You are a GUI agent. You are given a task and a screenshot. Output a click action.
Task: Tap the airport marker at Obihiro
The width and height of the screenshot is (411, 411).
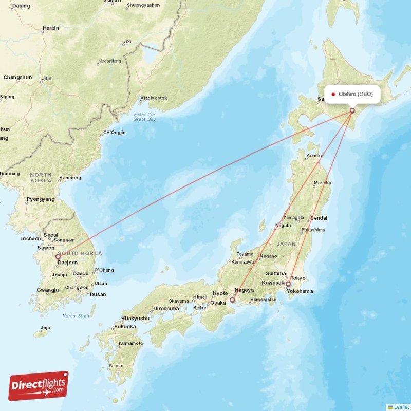point(352,110)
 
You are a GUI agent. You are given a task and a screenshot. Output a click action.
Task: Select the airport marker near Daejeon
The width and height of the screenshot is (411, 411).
point(58,257)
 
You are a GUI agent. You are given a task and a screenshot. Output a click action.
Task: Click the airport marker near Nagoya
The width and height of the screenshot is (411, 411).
point(232,300)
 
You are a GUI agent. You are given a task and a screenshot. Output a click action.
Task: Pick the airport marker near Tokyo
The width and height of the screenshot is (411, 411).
point(288,284)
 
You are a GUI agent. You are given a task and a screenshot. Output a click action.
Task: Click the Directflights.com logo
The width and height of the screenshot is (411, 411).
point(39,386)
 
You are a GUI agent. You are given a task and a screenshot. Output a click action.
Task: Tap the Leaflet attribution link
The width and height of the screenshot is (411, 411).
point(401,407)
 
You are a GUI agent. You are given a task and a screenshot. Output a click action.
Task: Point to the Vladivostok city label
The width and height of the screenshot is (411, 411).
point(154,98)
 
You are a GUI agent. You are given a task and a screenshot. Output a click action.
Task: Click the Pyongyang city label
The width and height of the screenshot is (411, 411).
point(41,199)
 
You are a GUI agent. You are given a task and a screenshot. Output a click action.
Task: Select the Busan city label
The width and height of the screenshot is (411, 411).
point(98,294)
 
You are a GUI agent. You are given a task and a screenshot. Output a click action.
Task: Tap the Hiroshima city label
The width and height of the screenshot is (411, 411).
point(166,309)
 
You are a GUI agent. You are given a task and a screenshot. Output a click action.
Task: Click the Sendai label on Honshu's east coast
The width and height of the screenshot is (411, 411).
point(319,218)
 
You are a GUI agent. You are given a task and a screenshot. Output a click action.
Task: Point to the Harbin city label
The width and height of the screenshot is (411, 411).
point(51,28)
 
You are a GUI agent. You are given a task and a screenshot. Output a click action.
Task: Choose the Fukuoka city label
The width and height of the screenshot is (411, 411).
point(125,327)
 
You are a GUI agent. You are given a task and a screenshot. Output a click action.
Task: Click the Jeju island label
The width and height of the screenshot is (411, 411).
point(46,327)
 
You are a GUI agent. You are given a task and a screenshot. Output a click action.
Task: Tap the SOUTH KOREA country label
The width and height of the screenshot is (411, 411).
point(81,253)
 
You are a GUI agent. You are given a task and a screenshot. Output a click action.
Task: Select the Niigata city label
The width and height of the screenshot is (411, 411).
point(283,225)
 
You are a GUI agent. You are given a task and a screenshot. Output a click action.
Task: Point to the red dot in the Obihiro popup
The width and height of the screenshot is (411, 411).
point(333,94)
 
